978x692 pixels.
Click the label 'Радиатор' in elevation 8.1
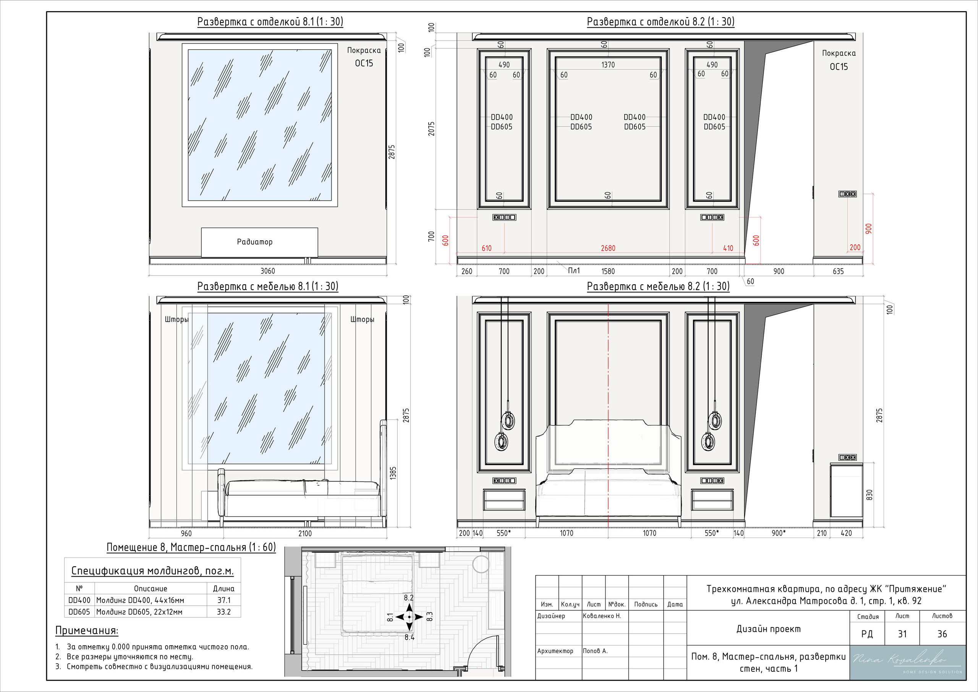[x=254, y=241]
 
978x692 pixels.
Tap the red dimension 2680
[x=608, y=248]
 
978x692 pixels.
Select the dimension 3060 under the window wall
[x=267, y=271]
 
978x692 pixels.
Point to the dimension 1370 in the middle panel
[x=608, y=65]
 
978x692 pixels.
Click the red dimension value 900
[x=868, y=229]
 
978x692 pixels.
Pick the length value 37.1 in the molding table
[x=223, y=600]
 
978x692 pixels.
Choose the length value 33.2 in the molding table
[x=223, y=612]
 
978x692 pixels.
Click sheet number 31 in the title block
[x=902, y=634]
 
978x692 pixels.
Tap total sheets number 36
[x=942, y=634]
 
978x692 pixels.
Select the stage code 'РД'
[x=867, y=634]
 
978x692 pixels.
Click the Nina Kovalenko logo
[x=907, y=662]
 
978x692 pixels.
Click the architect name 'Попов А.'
[x=595, y=651]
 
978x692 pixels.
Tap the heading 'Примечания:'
[x=87, y=630]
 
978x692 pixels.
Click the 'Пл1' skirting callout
[x=574, y=271]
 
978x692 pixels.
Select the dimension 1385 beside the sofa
[x=393, y=473]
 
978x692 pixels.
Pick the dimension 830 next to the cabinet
[x=870, y=495]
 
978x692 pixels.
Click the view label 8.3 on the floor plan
[x=429, y=616]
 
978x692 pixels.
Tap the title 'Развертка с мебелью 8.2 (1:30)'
[x=658, y=286]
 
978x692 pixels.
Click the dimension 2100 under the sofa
[x=305, y=533]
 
